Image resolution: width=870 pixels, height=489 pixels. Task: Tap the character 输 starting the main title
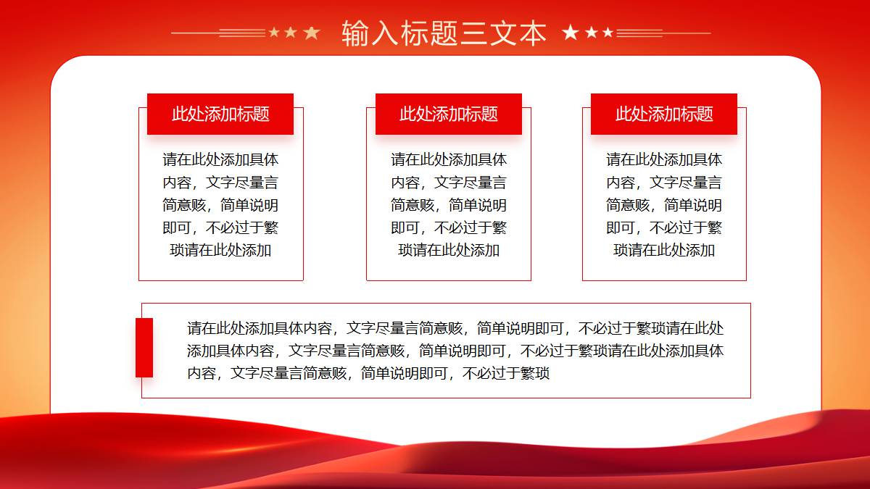pyautogui.click(x=355, y=33)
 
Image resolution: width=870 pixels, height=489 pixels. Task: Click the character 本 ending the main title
pyautogui.click(x=533, y=33)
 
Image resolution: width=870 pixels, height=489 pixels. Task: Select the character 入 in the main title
pyautogui.click(x=384, y=33)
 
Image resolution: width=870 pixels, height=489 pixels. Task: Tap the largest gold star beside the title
pyautogui.click(x=312, y=33)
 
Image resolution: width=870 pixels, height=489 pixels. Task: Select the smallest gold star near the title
pyautogui.click(x=274, y=32)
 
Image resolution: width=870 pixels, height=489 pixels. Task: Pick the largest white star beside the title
pyautogui.click(x=571, y=32)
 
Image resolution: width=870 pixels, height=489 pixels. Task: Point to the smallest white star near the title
pyautogui.click(x=608, y=32)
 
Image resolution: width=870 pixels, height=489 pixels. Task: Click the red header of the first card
pyautogui.click(x=220, y=114)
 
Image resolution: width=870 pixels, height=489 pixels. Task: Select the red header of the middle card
pyautogui.click(x=449, y=114)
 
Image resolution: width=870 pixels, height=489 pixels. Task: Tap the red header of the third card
pyautogui.click(x=664, y=114)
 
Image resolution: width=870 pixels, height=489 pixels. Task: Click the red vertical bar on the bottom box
pyautogui.click(x=144, y=347)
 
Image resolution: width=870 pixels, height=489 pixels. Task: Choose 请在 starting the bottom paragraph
pyautogui.click(x=202, y=328)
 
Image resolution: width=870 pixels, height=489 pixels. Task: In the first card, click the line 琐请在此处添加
pyautogui.click(x=220, y=251)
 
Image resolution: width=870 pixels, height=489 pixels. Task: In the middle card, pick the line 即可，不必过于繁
pyautogui.click(x=449, y=227)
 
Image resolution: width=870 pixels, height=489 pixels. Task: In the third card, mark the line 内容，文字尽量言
pyautogui.click(x=664, y=183)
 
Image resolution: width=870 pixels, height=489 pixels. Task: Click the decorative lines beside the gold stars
pyautogui.click(x=219, y=33)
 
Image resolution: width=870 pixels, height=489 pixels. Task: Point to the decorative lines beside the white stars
pyautogui.click(x=664, y=33)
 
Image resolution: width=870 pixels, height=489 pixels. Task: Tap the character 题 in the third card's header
pyautogui.click(x=705, y=114)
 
